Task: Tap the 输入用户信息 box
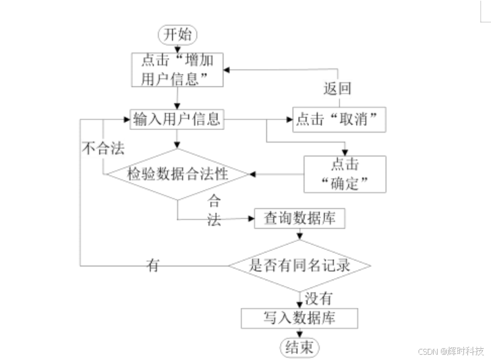[x=177, y=119]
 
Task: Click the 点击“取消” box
[x=339, y=119]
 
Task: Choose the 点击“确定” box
[x=344, y=173]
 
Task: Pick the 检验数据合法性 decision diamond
[x=177, y=174]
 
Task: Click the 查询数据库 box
[x=299, y=218]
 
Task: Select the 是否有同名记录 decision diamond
[x=300, y=266]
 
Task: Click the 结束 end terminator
[x=300, y=347]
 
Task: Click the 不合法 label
[x=103, y=148]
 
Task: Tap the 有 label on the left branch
[x=153, y=266]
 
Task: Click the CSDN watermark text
[x=452, y=350]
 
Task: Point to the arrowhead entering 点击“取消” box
[x=289, y=119]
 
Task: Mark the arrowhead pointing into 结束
[x=300, y=336]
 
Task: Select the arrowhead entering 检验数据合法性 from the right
[x=252, y=174]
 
